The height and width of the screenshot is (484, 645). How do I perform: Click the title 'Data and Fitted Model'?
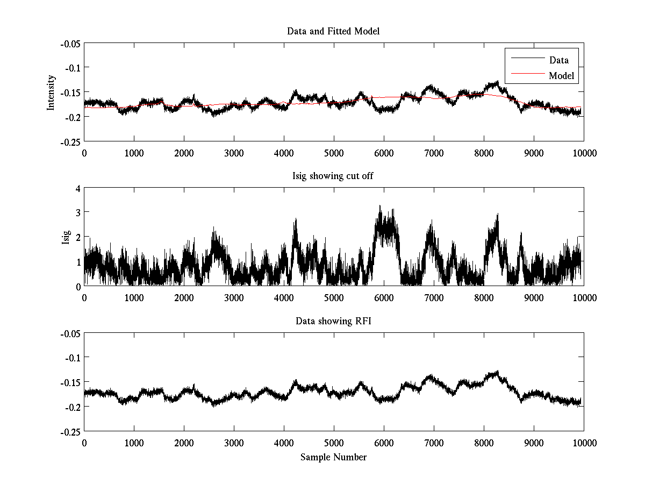pyautogui.click(x=333, y=31)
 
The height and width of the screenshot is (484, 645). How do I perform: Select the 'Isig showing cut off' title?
pyautogui.click(x=333, y=176)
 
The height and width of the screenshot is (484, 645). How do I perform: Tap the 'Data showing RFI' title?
pyautogui.click(x=333, y=321)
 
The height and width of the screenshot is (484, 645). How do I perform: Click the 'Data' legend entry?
pyautogui.click(x=558, y=60)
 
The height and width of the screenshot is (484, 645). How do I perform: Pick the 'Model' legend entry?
pyautogui.click(x=561, y=76)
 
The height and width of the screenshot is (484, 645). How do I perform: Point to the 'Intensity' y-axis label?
pyautogui.click(x=51, y=92)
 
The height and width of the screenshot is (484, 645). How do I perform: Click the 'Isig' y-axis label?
pyautogui.click(x=66, y=237)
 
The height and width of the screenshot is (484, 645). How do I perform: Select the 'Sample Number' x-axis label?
pyautogui.click(x=333, y=457)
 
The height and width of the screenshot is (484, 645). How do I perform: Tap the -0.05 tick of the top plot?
pyautogui.click(x=70, y=43)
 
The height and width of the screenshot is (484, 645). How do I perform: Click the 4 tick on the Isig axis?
pyautogui.click(x=78, y=188)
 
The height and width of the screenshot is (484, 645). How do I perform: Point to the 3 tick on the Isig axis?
pyautogui.click(x=78, y=213)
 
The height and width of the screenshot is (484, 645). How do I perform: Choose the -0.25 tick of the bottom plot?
pyautogui.click(x=70, y=431)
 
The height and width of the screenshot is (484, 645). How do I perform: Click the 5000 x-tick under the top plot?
pyautogui.click(x=334, y=153)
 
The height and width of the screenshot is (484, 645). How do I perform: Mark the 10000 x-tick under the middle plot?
pyautogui.click(x=584, y=297)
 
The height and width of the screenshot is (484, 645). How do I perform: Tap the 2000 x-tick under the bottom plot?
pyautogui.click(x=184, y=443)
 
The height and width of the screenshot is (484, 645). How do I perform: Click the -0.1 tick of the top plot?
pyautogui.click(x=72, y=68)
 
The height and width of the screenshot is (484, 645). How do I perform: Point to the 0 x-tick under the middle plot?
pyautogui.click(x=84, y=297)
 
